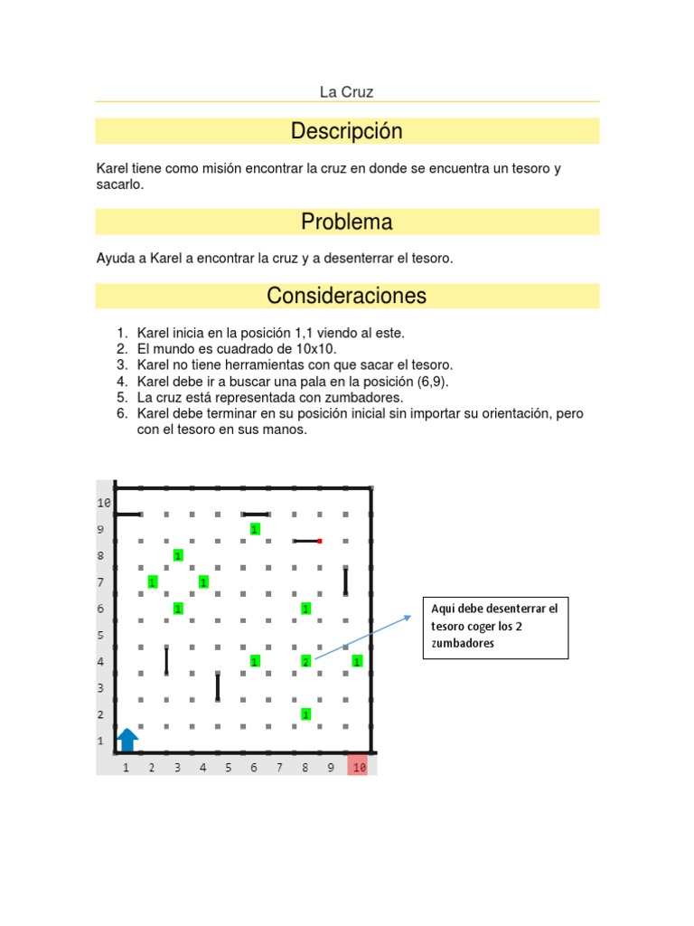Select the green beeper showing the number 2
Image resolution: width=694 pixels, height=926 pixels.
(306, 662)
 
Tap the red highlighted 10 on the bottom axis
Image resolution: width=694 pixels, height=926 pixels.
(359, 768)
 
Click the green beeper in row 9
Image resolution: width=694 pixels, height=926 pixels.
(255, 529)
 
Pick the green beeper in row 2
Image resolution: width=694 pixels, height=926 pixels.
(306, 714)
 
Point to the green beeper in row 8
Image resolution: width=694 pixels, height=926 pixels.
(178, 555)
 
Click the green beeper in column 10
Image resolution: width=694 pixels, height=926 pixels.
(358, 662)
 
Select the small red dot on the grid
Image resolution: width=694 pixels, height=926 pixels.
(320, 541)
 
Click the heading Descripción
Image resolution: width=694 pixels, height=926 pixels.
(347, 132)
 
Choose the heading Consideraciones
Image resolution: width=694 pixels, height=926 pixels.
(347, 296)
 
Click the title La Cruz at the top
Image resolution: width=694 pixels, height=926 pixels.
(347, 92)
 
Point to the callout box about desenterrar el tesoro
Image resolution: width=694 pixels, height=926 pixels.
(495, 627)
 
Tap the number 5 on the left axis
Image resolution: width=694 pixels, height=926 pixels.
(101, 636)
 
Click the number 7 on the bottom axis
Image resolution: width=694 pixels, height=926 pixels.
(280, 768)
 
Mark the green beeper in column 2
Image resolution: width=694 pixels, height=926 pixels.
(152, 582)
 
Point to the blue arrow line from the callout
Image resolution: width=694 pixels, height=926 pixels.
(361, 638)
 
